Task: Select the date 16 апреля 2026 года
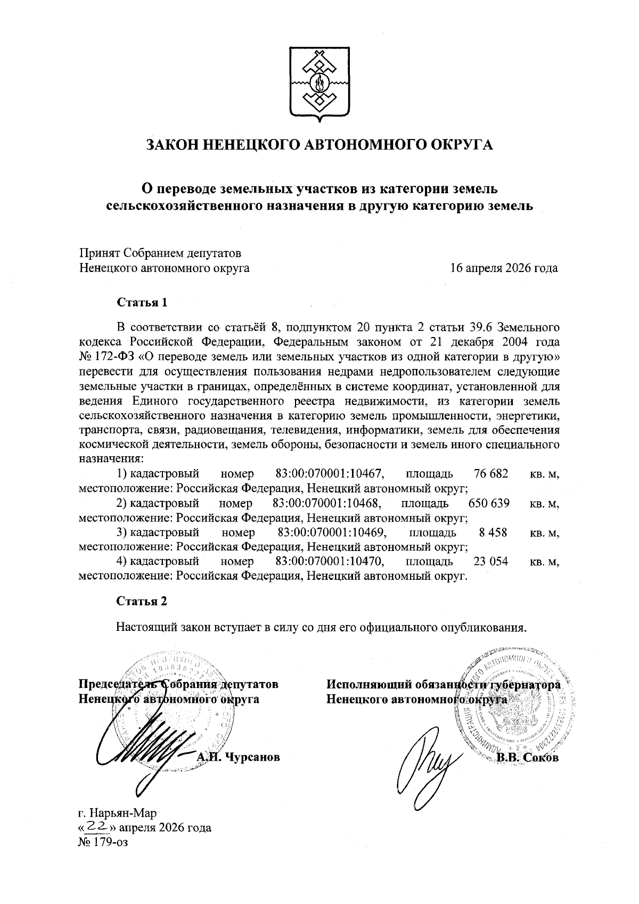504,268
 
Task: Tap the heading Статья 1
142,302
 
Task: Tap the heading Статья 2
142,601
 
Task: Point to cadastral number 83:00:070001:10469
332,532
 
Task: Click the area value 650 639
489,503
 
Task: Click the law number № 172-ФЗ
106,354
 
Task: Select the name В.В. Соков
527,757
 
